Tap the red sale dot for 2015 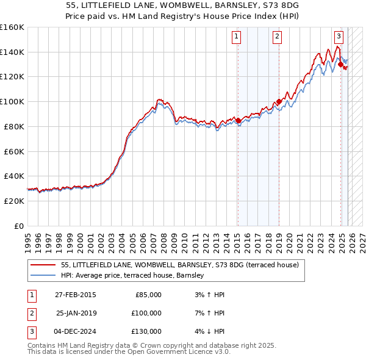pos(238,120)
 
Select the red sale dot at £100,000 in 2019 pos(279,101)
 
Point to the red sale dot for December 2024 pos(340,64)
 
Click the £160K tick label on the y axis pos(12,27)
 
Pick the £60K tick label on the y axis pos(14,151)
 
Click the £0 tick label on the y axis pos(18,226)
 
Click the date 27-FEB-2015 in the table pos(75,295)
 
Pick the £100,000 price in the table pos(146,313)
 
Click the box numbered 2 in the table pos(30,313)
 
